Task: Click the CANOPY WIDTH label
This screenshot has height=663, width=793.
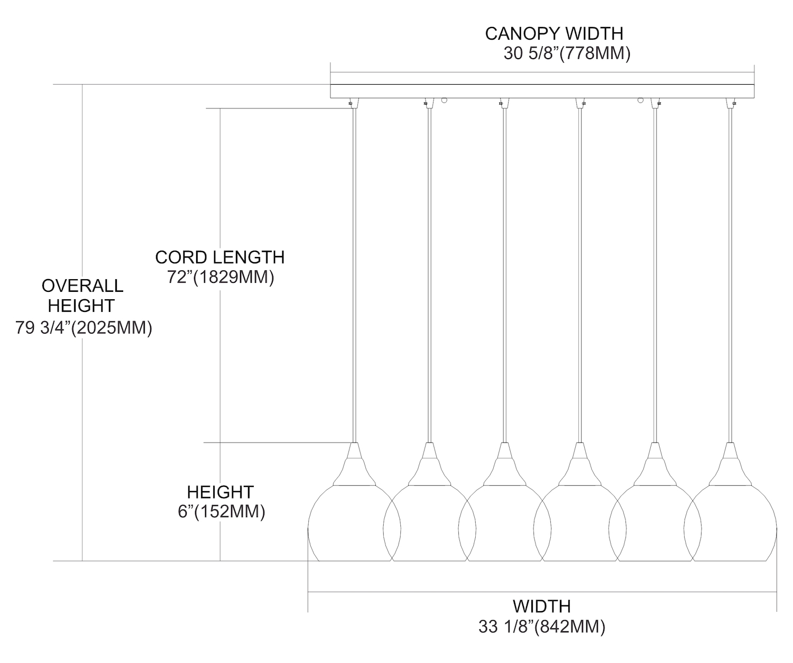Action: coord(554,33)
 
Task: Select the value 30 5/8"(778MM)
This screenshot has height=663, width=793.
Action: coord(567,54)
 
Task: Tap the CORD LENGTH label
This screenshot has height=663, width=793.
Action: coord(219,257)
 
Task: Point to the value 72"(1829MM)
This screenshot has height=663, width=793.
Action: coord(220,278)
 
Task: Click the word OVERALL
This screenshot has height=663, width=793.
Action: coord(82,286)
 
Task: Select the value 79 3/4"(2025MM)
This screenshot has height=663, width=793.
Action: coord(84,328)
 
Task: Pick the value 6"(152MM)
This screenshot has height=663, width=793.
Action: coord(221,512)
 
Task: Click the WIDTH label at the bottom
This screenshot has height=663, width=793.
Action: coord(541,606)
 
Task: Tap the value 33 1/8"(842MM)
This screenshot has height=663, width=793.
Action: coord(541,627)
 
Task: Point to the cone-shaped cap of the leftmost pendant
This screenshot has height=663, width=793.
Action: coord(354,465)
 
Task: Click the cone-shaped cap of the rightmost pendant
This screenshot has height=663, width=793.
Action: coord(731,465)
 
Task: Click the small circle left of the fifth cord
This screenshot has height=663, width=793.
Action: coord(641,99)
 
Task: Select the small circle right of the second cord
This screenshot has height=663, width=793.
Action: coord(444,99)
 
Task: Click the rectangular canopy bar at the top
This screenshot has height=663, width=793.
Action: coord(542,91)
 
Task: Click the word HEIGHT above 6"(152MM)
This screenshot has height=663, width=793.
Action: coord(220,492)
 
